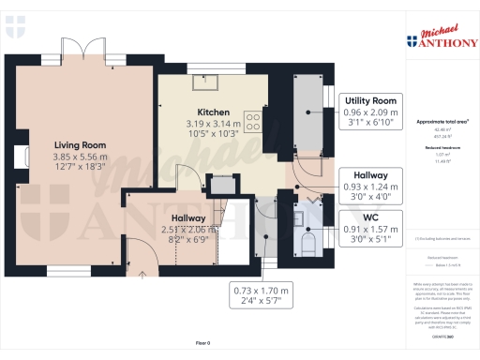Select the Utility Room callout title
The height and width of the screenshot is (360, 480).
pos(372,99)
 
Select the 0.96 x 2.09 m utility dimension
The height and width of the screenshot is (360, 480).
pos(372,112)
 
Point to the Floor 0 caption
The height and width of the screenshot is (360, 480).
pos(202,344)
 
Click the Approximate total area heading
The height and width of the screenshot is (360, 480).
pos(442,122)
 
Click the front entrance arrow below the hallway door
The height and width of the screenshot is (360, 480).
pos(142,274)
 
